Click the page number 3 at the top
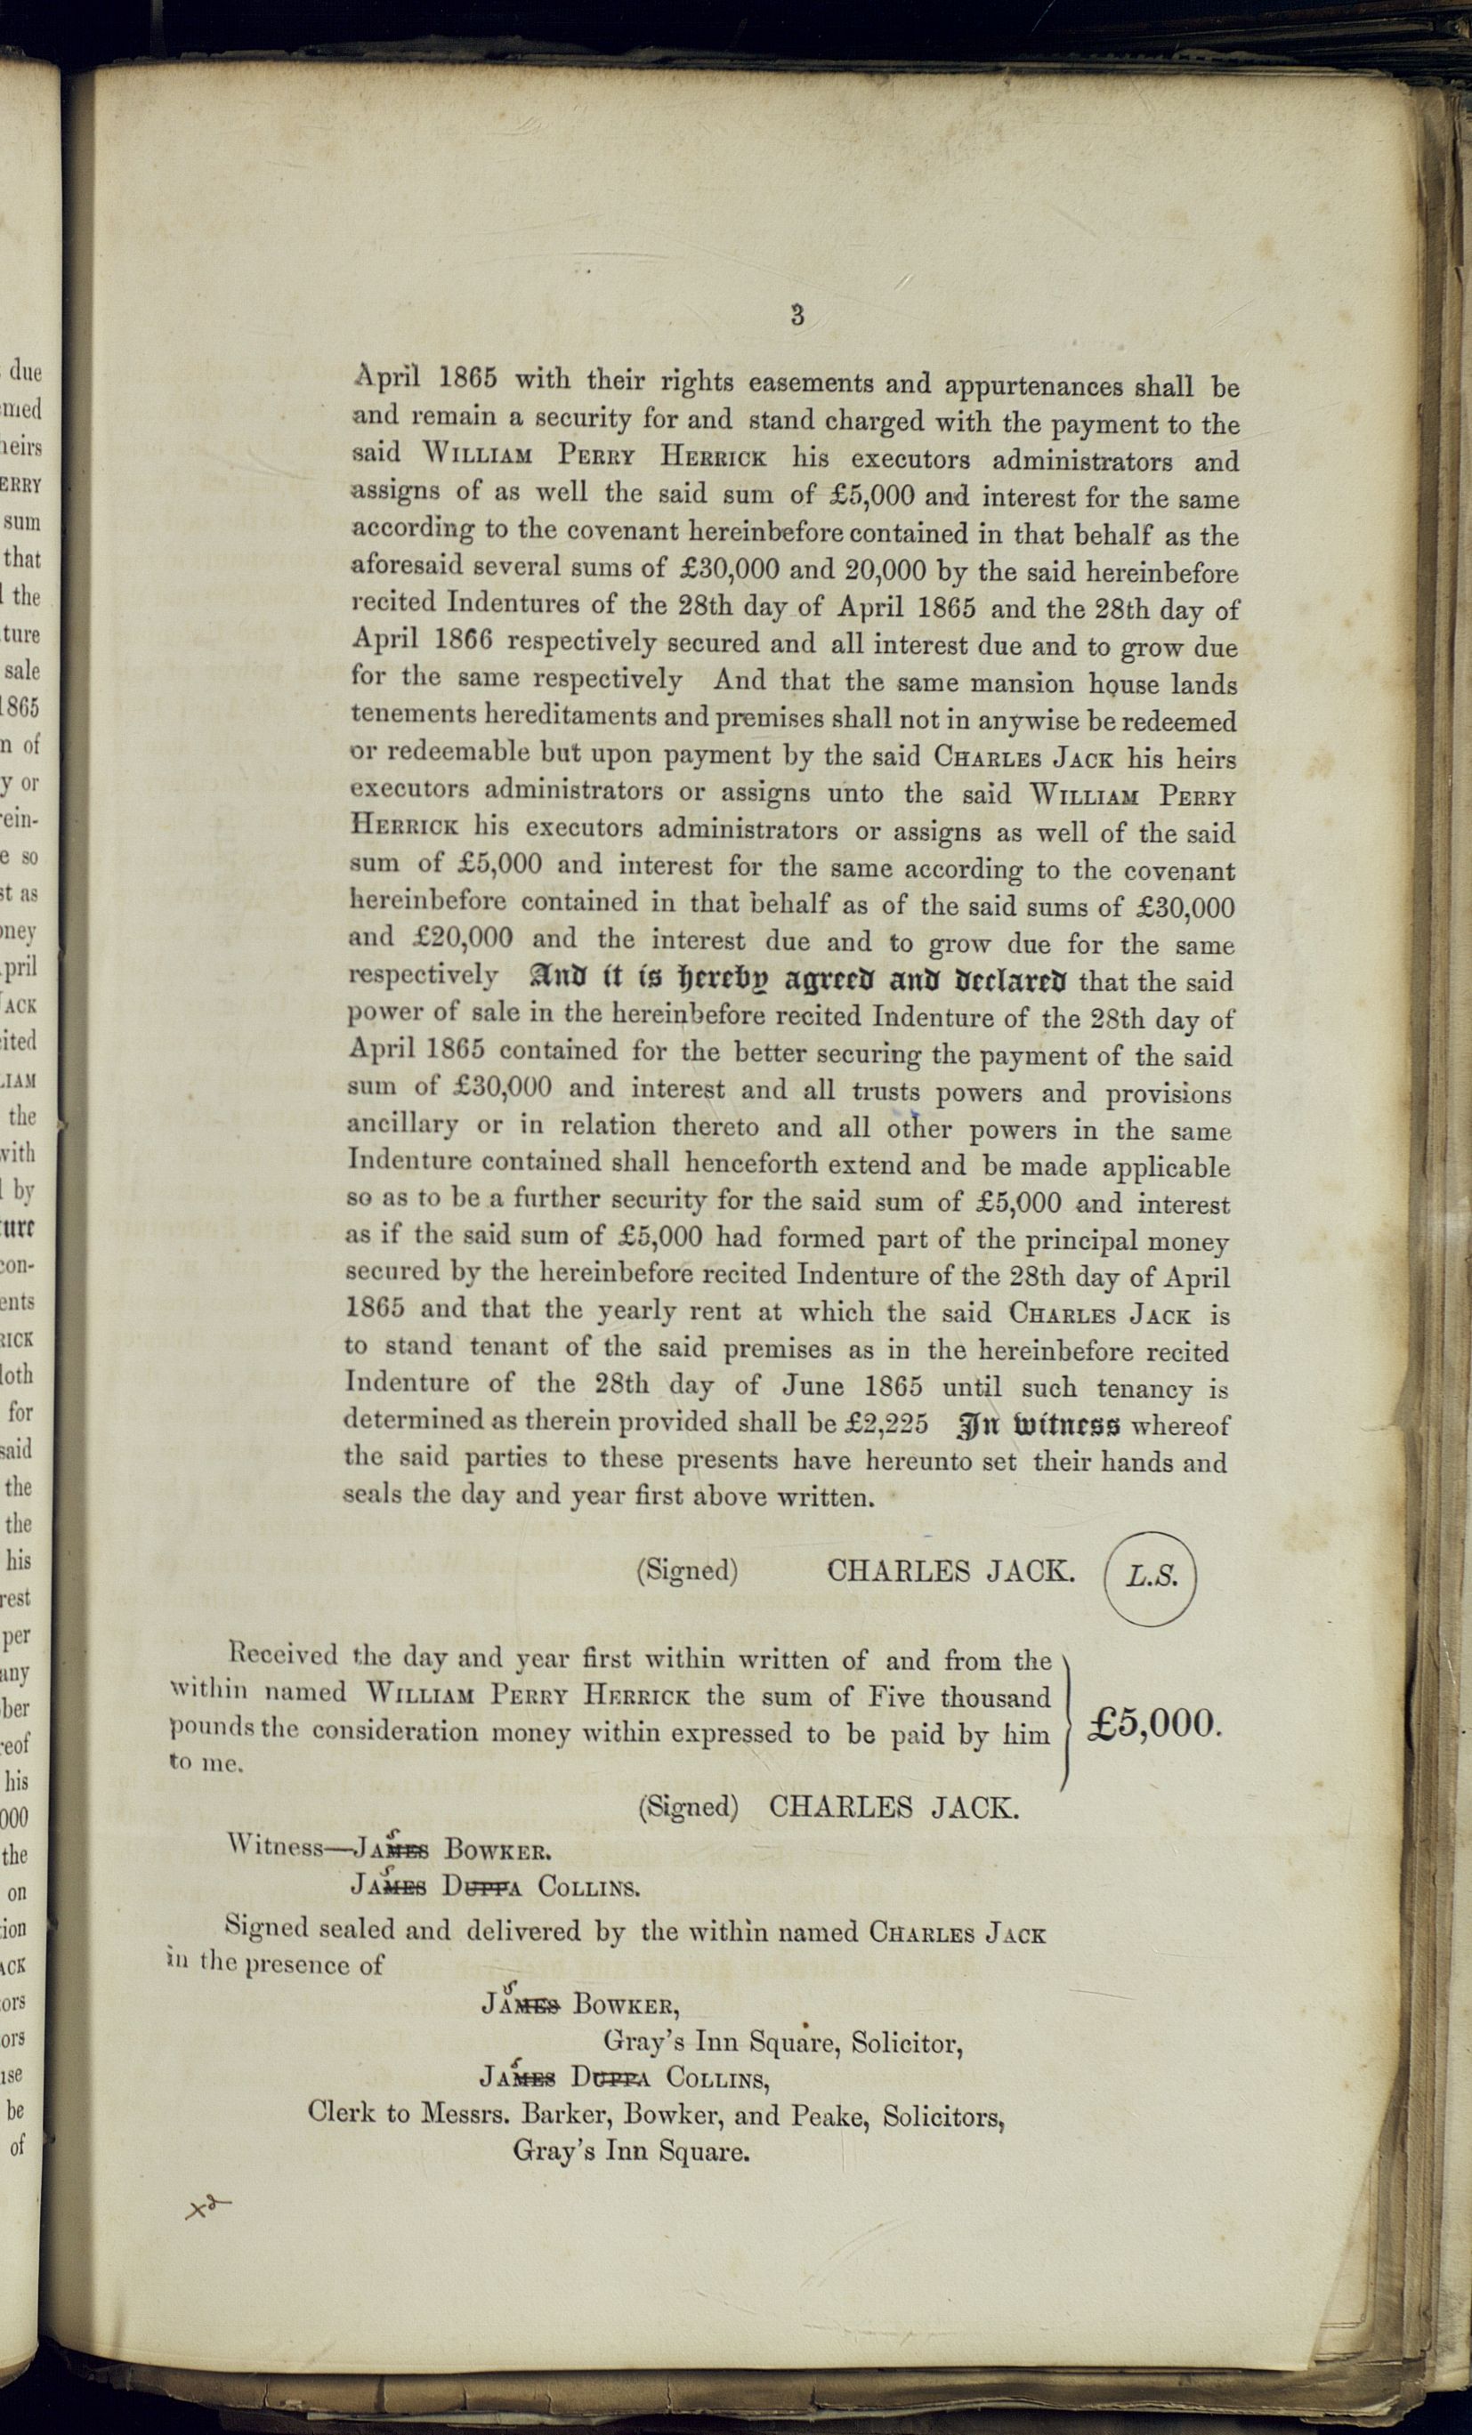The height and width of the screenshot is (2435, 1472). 797,316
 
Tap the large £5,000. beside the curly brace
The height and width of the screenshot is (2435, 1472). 1154,1724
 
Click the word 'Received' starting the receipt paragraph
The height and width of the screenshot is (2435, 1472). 283,1654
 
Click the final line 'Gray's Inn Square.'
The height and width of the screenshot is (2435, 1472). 630,2150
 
